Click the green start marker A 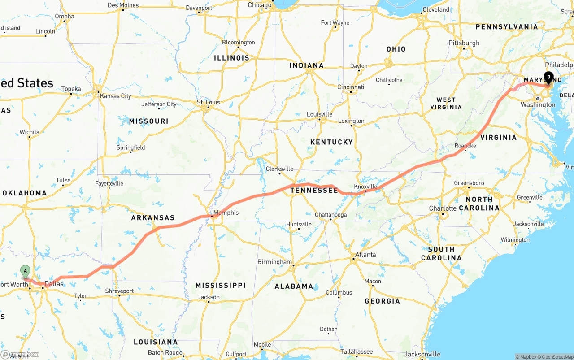click(x=25, y=271)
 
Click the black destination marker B click(x=548, y=77)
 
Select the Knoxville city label click(x=365, y=187)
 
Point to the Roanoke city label click(x=465, y=146)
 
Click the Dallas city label click(x=54, y=284)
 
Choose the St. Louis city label click(x=209, y=102)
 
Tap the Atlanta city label click(x=365, y=255)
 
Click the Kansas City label click(x=116, y=96)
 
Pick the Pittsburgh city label click(x=464, y=43)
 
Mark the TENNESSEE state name click(x=314, y=191)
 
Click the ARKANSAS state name click(x=152, y=218)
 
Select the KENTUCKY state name click(x=331, y=142)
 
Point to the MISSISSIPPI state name click(x=220, y=286)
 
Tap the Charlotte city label click(x=443, y=208)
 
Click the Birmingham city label click(x=274, y=262)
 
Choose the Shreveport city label click(x=119, y=291)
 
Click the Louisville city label click(x=320, y=114)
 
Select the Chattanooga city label click(x=330, y=215)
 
